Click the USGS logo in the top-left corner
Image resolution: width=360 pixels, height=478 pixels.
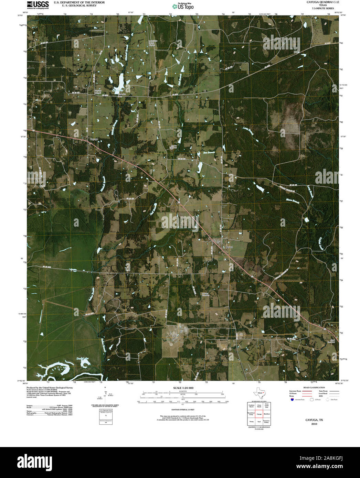[x=38, y=4]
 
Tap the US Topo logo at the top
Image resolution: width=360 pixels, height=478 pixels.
[x=183, y=6]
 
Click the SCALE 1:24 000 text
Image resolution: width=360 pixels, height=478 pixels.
[x=183, y=388]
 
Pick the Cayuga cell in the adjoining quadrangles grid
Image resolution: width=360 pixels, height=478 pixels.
[x=259, y=414]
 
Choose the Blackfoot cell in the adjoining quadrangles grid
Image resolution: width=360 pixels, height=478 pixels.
[x=266, y=414]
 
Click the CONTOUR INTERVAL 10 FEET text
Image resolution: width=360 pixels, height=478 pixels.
[x=183, y=410]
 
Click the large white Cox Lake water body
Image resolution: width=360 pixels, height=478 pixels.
[x=121, y=82]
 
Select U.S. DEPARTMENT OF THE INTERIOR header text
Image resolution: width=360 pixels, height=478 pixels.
[x=79, y=2]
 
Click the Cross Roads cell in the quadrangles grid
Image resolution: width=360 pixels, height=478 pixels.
[x=259, y=406]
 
